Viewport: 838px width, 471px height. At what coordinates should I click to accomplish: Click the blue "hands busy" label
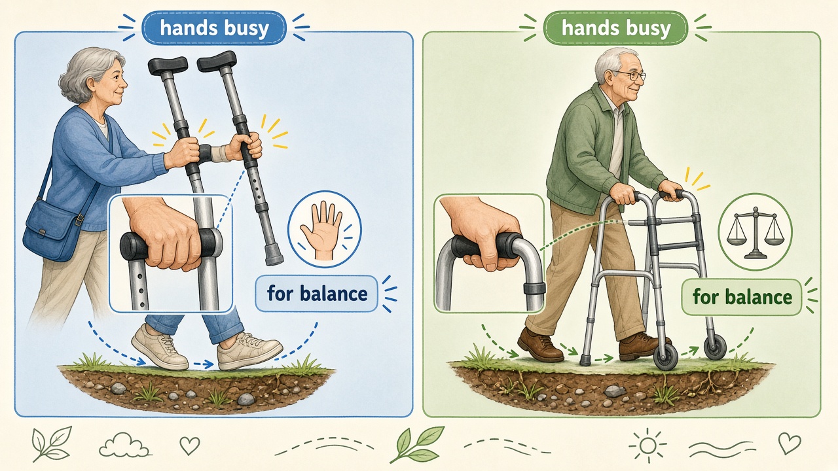214,28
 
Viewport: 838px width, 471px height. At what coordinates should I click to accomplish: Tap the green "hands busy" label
616,28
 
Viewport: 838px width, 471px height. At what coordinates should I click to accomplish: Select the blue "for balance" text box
316,294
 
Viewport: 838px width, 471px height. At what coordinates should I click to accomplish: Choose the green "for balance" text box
742,297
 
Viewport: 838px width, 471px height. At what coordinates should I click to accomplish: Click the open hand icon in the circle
321,231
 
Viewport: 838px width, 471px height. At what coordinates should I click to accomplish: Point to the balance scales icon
756,232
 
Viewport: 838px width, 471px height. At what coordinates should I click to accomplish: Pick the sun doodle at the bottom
647,445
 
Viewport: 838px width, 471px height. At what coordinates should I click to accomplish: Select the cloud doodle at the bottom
124,445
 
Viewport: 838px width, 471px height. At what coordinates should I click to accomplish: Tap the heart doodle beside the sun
790,444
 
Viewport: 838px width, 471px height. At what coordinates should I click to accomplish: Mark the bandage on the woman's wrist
221,154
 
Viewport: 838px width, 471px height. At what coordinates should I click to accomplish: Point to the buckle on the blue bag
79,219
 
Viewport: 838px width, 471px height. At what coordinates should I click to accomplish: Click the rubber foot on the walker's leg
585,360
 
